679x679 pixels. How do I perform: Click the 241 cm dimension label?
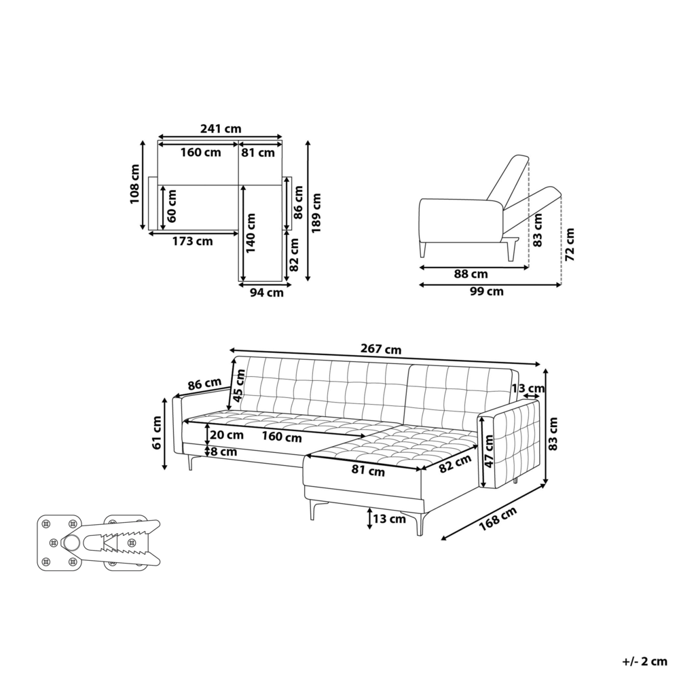coord(221,129)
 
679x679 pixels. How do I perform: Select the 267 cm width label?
coord(384,350)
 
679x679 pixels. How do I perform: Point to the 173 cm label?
coord(192,240)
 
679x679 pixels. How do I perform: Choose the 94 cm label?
coord(266,293)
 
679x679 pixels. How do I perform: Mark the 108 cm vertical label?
coord(135,184)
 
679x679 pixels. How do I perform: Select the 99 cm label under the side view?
coord(487,292)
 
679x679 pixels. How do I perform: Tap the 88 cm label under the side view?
coord(471,274)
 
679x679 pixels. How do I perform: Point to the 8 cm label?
coord(223,451)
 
